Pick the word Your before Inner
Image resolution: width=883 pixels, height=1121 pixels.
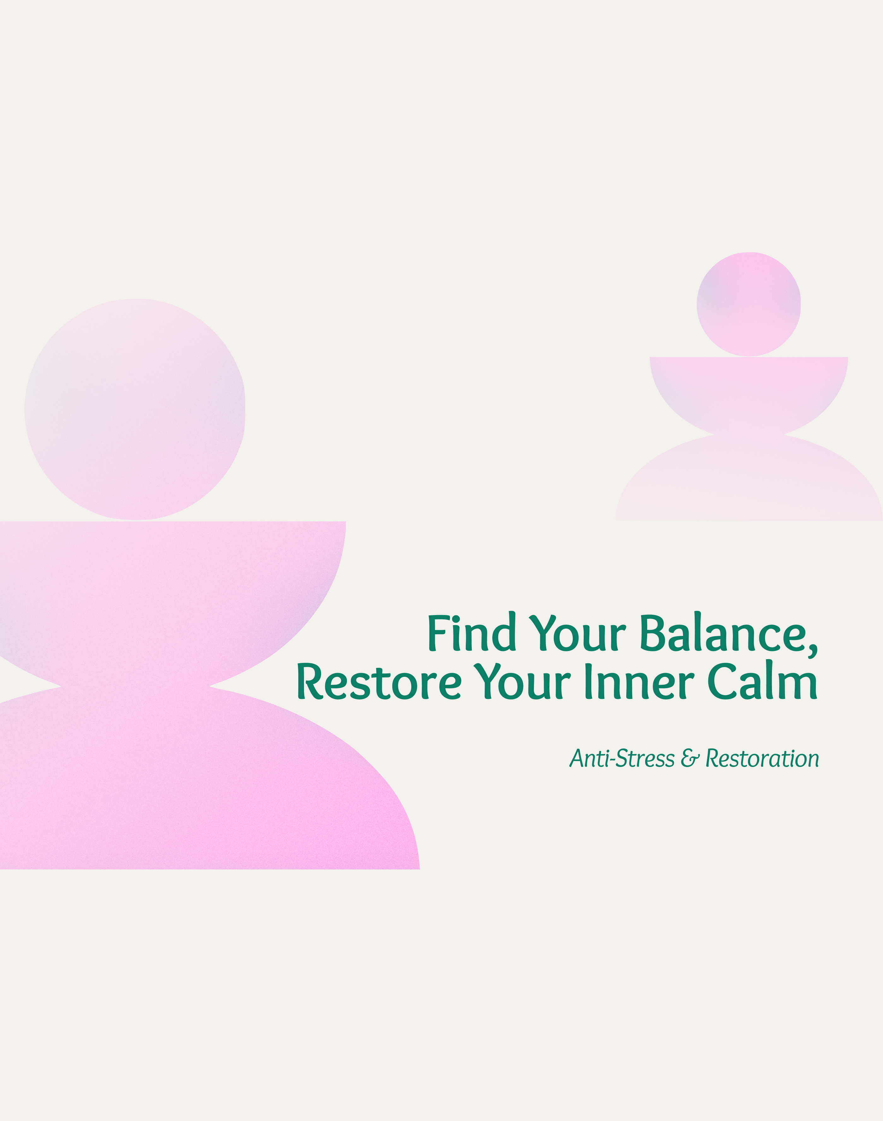pyautogui.click(x=522, y=681)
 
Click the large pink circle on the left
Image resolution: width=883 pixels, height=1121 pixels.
pyautogui.click(x=135, y=409)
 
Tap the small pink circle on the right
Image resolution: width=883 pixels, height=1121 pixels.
pyautogui.click(x=749, y=304)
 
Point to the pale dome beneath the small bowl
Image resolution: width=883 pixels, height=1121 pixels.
pyautogui.click(x=749, y=481)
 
